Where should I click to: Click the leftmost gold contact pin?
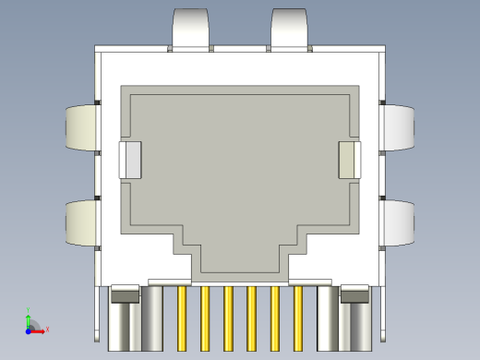tap(182, 318)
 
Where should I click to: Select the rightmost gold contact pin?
tap(298, 318)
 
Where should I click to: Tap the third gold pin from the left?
tap(228, 318)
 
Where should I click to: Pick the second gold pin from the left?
tap(205, 318)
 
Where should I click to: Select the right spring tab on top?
tap(289, 28)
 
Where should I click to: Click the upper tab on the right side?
tap(399, 127)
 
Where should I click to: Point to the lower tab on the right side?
tap(399, 223)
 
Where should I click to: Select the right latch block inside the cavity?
tap(350, 160)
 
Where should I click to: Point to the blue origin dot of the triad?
tap(29, 328)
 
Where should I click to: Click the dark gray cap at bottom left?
tap(125, 295)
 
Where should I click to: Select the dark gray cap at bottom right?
tap(355, 295)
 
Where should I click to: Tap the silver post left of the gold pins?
tap(153, 318)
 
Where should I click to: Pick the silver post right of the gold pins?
tap(328, 318)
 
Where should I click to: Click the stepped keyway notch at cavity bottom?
tap(240, 258)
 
